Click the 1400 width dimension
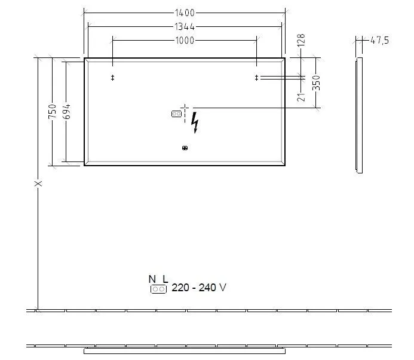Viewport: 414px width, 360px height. coord(185,12)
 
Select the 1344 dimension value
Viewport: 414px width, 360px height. coord(185,26)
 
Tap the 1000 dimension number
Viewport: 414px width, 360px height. coord(185,40)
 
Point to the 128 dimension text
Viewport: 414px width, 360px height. coord(302,41)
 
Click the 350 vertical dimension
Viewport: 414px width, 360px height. coord(317,83)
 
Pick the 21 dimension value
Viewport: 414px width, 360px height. coord(302,94)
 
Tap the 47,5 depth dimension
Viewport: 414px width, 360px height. coord(379,41)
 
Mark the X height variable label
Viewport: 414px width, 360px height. coord(38,183)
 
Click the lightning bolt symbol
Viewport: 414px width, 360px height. coord(195,123)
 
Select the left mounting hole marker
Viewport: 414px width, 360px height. coord(112,78)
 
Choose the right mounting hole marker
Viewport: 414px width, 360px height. coord(257,78)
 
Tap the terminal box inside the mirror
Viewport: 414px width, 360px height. coord(176,113)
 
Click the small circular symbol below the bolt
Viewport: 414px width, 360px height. coord(185,148)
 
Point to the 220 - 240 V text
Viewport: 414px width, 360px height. coord(199,288)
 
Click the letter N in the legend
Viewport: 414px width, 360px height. coord(152,279)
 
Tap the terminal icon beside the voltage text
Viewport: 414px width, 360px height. coord(158,289)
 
